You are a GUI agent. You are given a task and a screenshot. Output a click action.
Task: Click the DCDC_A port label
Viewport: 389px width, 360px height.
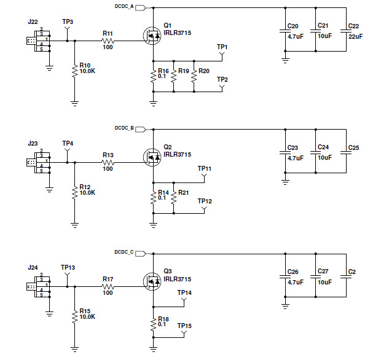(124, 7)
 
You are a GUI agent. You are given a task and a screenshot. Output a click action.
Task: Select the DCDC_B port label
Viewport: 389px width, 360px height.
(124, 128)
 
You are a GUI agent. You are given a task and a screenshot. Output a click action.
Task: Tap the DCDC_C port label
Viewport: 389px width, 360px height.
(124, 251)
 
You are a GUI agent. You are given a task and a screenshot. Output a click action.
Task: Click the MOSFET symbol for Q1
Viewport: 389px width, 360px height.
(152, 36)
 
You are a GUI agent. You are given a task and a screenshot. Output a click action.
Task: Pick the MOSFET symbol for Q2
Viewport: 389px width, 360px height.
(152, 158)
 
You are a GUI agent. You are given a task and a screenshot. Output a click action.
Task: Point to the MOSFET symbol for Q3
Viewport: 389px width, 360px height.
(152, 281)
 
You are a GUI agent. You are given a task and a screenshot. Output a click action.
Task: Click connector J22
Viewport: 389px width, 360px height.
(38, 41)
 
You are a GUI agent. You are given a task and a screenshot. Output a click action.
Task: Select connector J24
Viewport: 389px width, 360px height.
(38, 286)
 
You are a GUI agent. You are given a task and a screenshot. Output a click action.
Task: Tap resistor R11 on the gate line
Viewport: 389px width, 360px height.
(108, 41)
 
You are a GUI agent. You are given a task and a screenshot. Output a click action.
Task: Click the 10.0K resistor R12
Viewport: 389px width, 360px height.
(74, 192)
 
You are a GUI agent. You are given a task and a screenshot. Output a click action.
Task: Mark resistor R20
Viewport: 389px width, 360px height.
(194, 76)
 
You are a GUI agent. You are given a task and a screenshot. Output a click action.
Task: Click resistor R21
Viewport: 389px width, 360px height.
(174, 198)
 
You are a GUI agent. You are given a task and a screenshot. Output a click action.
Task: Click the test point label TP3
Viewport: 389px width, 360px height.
(68, 22)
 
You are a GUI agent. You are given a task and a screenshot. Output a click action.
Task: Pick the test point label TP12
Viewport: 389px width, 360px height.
(205, 201)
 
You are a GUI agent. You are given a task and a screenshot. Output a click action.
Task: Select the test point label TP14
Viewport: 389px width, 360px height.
(184, 292)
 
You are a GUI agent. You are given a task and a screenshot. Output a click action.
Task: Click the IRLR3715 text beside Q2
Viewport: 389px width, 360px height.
(177, 155)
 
